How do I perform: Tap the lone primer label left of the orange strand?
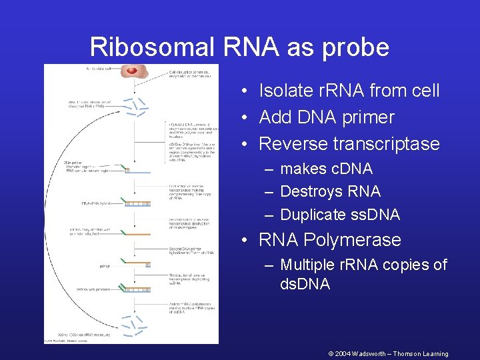[105, 265]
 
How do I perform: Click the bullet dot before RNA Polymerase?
[246, 240]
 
